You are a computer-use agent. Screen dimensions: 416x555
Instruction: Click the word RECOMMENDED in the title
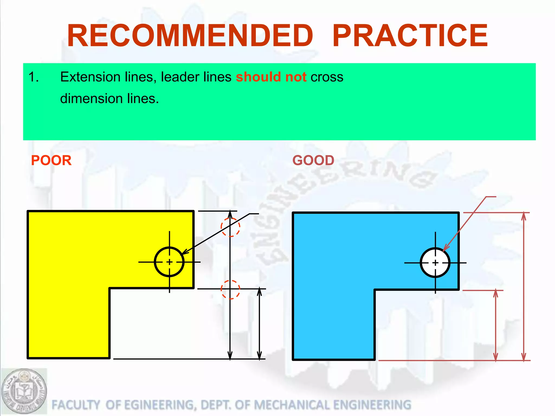pos(190,36)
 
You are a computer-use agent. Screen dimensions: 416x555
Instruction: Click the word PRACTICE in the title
pos(410,36)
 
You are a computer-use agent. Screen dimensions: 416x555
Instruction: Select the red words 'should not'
pos(271,77)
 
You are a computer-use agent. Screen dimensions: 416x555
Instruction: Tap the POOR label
pos(51,160)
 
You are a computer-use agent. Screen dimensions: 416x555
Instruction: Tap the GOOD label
pos(313,160)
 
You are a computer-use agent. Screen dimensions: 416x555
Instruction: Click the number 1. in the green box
pos(34,77)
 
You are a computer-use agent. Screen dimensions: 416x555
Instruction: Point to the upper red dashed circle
pos(230,227)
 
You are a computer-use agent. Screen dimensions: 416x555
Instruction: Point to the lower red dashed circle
pos(230,290)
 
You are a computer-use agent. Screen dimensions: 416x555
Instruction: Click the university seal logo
pos(24,391)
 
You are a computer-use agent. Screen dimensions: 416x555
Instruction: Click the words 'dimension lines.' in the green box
pos(109,99)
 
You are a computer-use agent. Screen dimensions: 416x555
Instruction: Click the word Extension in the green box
pos(90,77)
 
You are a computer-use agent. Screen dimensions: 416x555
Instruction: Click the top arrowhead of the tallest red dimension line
pos(524,217)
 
